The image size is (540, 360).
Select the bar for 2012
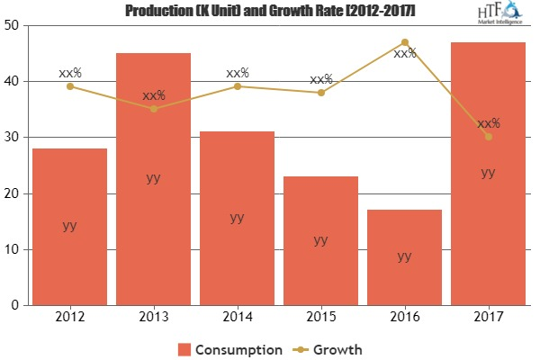tap(69, 226)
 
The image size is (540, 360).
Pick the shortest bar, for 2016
tap(404, 256)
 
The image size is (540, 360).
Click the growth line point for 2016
tap(404, 42)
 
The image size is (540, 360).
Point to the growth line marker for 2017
tap(487, 137)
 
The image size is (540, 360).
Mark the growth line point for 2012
tap(69, 86)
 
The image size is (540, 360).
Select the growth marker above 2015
tap(320, 93)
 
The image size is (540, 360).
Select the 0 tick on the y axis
tap(15, 305)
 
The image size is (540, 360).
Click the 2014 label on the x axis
tap(237, 318)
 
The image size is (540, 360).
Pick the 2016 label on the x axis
tap(404, 318)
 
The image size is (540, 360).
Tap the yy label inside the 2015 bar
tap(320, 240)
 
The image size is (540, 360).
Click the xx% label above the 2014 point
tap(237, 72)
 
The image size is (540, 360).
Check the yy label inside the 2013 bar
tap(153, 178)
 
